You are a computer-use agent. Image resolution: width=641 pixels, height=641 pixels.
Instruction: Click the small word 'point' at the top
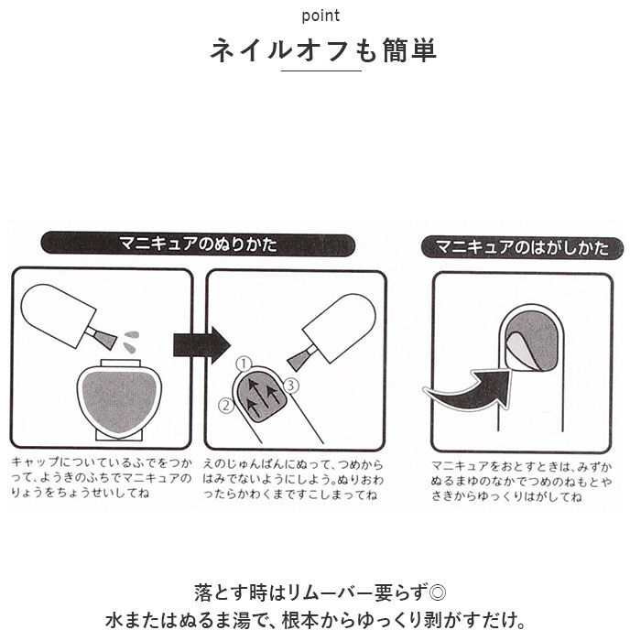point(320,16)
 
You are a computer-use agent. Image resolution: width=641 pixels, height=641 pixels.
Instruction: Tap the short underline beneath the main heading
point(320,81)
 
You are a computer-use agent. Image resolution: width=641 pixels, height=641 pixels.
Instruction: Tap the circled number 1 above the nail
point(244,364)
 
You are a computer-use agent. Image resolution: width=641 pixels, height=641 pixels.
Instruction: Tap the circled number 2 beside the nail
point(223,403)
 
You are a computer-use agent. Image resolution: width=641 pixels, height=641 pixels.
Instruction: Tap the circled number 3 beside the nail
point(291,385)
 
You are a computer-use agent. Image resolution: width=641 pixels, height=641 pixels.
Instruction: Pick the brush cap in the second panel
point(337,330)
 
